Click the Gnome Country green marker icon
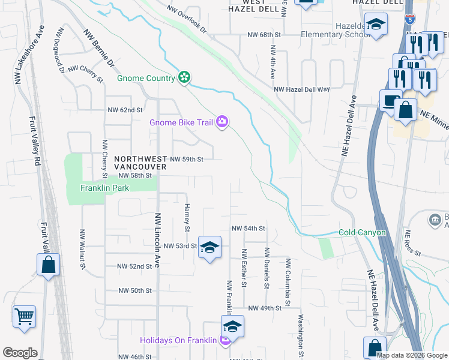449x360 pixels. tap(185, 77)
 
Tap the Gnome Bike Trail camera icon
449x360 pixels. tap(223, 122)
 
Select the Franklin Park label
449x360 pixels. tap(105, 188)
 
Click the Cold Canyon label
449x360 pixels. tap(362, 232)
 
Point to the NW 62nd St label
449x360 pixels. tap(125, 110)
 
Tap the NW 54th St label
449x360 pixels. tap(249, 229)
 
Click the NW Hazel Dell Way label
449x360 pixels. tap(302, 89)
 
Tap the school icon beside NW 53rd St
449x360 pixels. tap(209, 247)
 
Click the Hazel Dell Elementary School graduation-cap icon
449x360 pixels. tap(376, 25)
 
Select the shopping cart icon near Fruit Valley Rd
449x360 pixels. tap(24, 316)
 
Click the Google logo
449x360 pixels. tap(20, 353)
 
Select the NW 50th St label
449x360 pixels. tap(135, 290)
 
